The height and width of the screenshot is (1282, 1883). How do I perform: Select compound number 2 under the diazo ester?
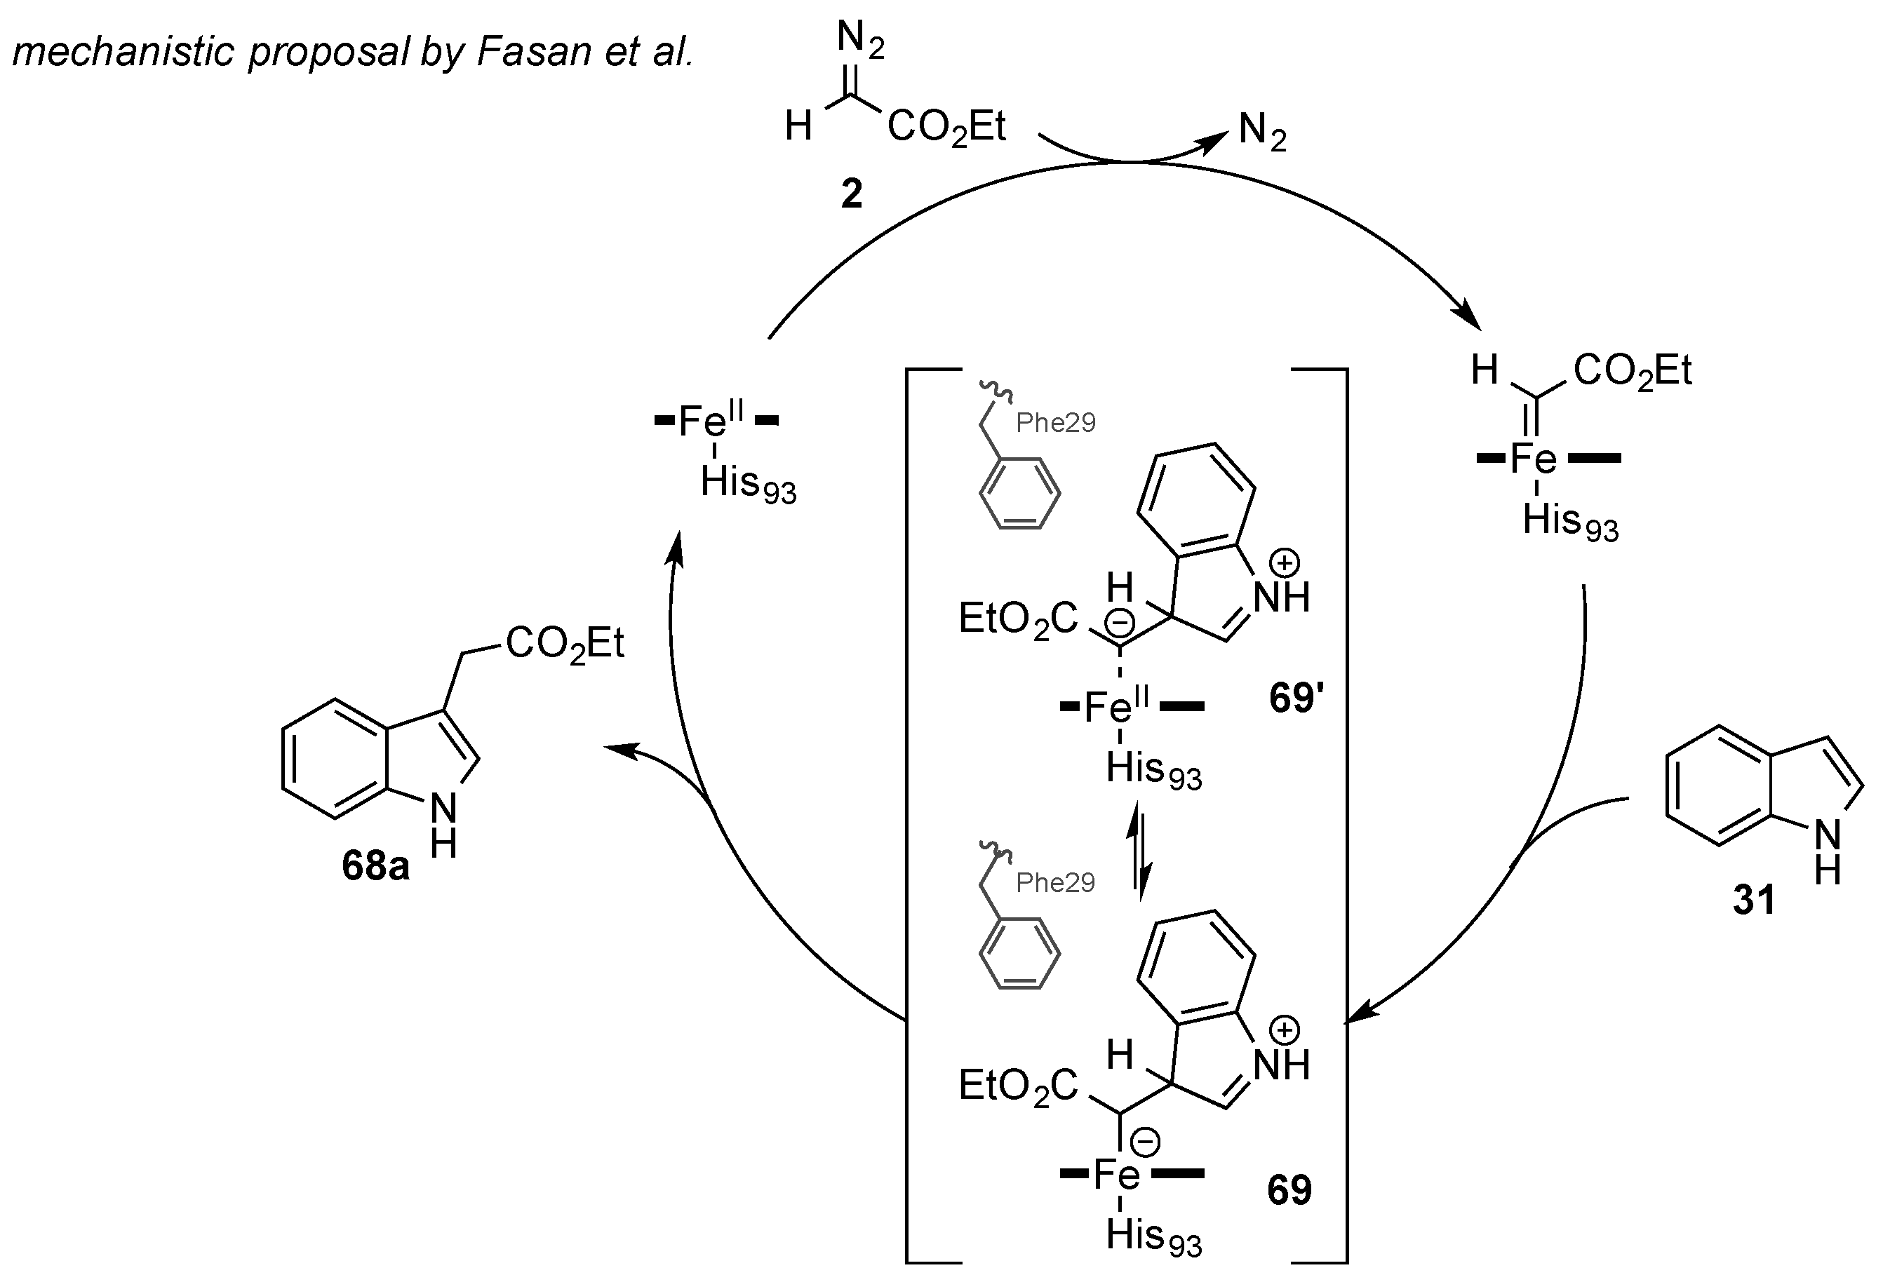851,194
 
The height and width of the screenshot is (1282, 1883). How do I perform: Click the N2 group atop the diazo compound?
859,40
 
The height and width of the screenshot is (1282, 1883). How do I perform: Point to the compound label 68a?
375,865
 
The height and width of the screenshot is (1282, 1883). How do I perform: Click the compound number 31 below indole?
1754,900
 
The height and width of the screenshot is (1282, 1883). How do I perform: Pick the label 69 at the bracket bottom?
1289,1189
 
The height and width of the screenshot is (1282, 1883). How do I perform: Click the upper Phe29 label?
1055,423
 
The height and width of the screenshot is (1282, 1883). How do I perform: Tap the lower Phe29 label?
1055,882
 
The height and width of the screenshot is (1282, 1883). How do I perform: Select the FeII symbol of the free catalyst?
710,420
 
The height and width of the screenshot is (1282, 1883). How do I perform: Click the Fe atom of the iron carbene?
1533,460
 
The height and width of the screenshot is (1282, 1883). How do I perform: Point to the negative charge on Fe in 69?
1146,1142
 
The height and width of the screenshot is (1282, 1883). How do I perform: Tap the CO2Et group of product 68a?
565,645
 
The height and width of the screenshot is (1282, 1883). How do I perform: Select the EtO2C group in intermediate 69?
1018,1085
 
